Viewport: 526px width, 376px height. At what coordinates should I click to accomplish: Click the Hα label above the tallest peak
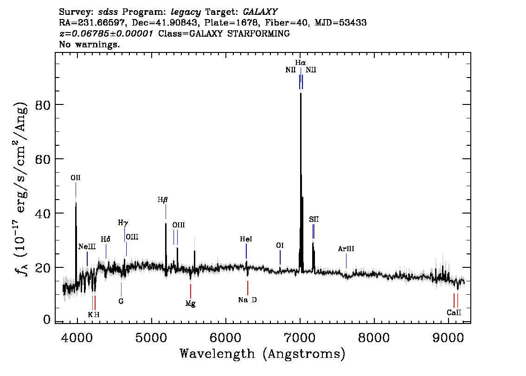point(301,62)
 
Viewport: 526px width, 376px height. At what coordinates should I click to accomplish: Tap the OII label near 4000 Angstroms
point(76,177)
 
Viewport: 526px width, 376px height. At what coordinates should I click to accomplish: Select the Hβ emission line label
point(162,200)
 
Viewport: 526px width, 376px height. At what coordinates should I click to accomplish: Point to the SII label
point(314,219)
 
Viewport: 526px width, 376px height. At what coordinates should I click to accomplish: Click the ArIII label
point(346,249)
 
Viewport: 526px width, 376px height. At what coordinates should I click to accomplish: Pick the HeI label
point(246,239)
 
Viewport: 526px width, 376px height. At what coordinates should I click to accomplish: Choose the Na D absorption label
point(247,300)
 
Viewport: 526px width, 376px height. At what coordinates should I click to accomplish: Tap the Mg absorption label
point(190,304)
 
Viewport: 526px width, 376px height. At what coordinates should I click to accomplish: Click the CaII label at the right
point(454,312)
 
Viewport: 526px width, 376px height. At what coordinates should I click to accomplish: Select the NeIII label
point(87,246)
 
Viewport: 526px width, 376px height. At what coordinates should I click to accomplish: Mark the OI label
point(280,246)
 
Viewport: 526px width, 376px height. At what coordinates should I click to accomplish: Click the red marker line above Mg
point(190,291)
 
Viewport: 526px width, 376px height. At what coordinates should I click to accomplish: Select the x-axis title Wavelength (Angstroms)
point(263,354)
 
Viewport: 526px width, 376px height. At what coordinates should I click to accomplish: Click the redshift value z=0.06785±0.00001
point(106,34)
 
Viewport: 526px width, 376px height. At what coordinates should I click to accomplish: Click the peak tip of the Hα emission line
point(301,94)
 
